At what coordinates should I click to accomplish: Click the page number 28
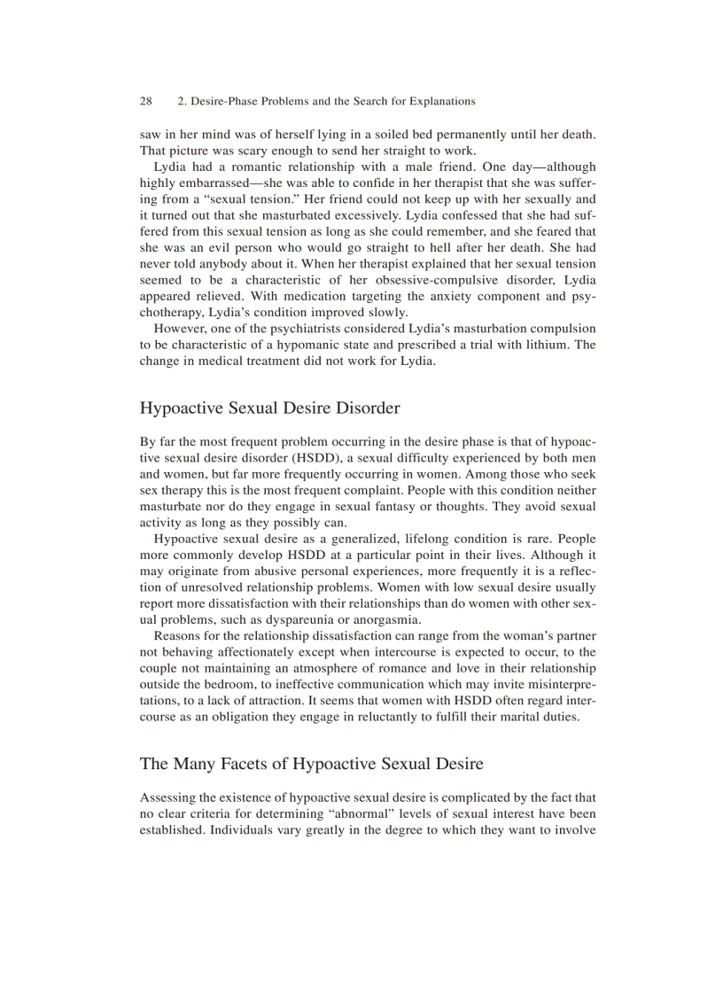pyautogui.click(x=146, y=101)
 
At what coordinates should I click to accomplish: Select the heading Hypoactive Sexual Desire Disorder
pyautogui.click(x=269, y=408)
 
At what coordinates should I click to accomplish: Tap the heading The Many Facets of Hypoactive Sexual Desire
pyautogui.click(x=311, y=764)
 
